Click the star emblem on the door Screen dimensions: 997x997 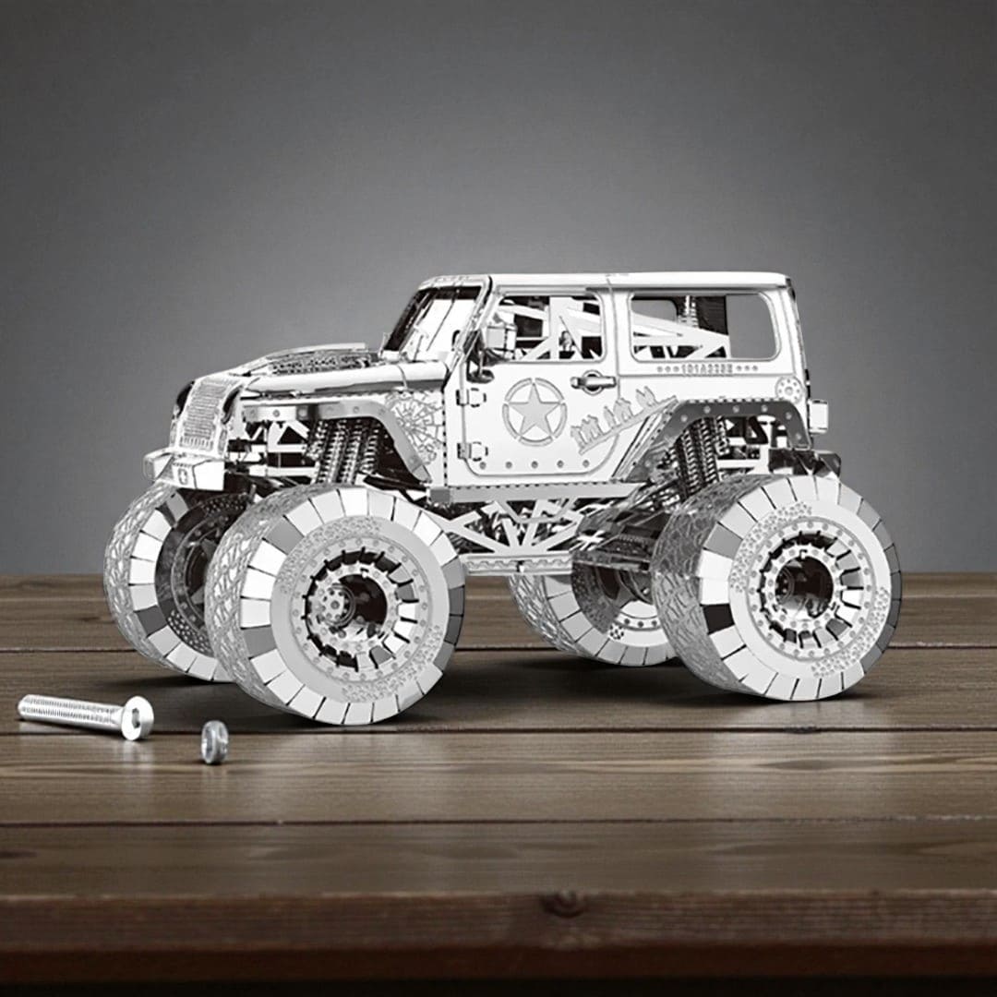tap(534, 412)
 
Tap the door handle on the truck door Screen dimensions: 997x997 tap(592, 380)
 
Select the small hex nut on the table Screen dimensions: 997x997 tap(214, 742)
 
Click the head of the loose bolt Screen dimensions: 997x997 tap(137, 717)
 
